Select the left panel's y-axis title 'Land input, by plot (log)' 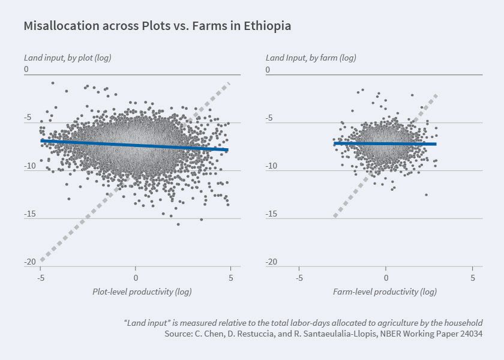point(67,58)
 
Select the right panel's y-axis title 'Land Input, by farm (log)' point(311,58)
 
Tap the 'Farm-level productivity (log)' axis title point(385,292)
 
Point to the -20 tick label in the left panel point(29,262)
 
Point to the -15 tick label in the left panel point(29,214)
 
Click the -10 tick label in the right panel point(272,166)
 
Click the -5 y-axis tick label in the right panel point(269,118)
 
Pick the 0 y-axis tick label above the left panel point(26,70)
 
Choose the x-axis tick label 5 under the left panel point(231,278)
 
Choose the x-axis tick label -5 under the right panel point(299,278)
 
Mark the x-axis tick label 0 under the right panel point(386,278)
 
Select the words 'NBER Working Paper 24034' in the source point(434,333)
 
